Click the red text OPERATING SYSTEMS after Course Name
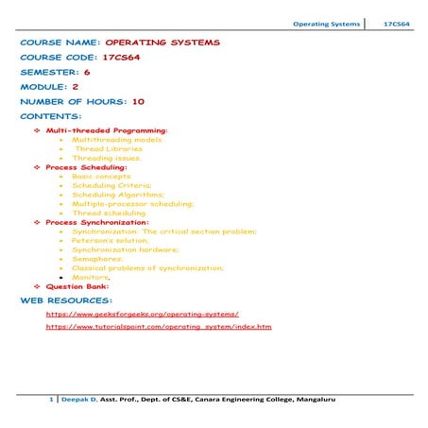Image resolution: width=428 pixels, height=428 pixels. [163, 43]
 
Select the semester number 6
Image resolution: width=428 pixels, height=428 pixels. [87, 71]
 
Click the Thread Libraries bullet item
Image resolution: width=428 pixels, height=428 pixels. [109, 148]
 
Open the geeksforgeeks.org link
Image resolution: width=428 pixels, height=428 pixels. [142, 312]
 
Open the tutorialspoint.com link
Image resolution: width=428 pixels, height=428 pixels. [159, 326]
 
